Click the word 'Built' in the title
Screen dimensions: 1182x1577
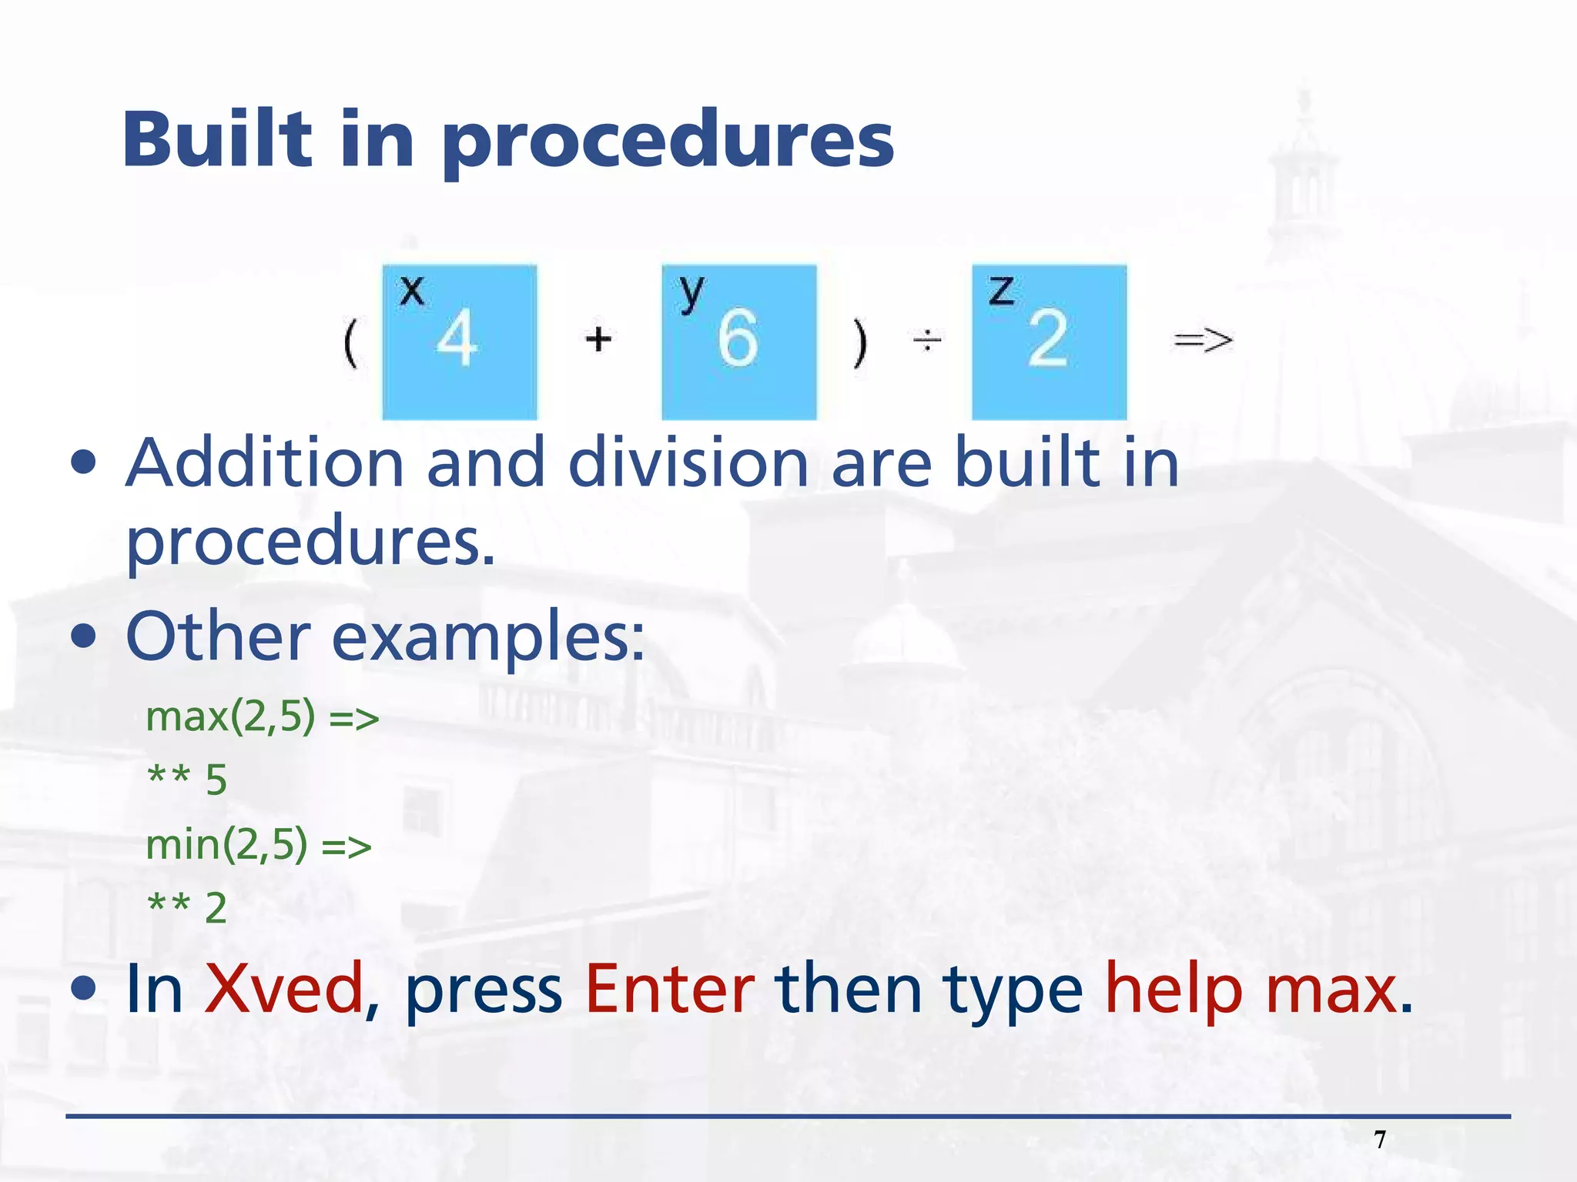tap(217, 140)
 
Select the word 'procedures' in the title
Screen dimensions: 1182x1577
tap(668, 142)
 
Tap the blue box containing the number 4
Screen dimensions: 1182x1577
tap(460, 342)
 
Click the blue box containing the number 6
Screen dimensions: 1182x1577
tap(738, 342)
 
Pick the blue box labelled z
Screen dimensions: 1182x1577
tap(1049, 342)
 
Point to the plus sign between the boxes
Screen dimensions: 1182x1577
tap(598, 339)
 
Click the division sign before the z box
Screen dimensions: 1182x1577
tap(927, 339)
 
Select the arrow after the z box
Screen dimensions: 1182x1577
tap(1203, 339)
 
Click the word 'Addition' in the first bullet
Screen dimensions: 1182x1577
tap(265, 463)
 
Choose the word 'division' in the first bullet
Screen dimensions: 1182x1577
tap(688, 463)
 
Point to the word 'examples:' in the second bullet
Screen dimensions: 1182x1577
tap(488, 638)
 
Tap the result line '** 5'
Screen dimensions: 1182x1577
tap(187, 780)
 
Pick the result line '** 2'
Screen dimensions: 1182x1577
tap(187, 908)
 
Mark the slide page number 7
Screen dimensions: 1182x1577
tap(1380, 1140)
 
